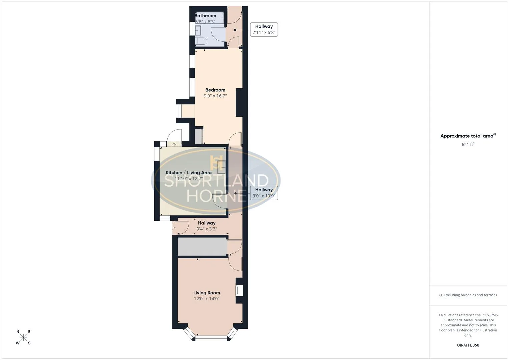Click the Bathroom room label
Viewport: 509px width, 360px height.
pos(205,16)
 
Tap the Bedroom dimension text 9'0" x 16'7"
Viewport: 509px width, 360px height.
pos(215,96)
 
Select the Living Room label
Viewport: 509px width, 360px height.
pos(207,293)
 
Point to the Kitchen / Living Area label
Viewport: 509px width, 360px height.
pos(188,173)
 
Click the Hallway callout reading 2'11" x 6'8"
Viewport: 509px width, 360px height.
pos(264,29)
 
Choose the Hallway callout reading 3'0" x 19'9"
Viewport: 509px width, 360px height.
pos(264,193)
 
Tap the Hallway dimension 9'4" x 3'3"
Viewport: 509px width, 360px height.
pos(207,229)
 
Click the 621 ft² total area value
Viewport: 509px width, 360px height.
pos(468,144)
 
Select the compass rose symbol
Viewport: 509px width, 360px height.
pos(23,337)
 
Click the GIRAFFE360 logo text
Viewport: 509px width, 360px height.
pos(468,345)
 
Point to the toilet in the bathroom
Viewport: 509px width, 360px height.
pos(201,41)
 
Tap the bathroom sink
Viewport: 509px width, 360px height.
pos(198,31)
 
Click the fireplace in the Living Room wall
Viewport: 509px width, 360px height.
pos(239,290)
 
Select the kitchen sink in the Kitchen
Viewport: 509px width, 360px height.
pos(222,167)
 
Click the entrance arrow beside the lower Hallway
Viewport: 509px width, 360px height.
pos(173,228)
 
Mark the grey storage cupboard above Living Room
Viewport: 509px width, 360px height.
pos(202,247)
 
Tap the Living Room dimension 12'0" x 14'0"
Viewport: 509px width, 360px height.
pos(207,299)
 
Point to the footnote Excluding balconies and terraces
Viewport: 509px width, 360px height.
pos(468,295)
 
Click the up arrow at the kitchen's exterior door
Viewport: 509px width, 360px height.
pos(174,144)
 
